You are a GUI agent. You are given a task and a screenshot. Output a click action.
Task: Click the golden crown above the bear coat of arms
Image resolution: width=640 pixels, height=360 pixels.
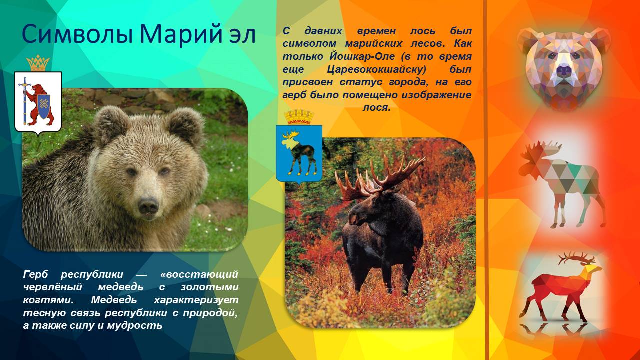pyautogui.click(x=38, y=63)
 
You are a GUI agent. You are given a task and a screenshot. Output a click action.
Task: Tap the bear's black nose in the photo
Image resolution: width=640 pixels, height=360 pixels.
pyautogui.click(x=148, y=205)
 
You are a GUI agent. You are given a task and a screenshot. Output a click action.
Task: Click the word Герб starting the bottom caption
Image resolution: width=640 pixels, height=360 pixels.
pyautogui.click(x=37, y=274)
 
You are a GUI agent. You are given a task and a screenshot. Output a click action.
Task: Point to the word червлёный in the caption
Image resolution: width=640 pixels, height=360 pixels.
pyautogui.click(x=48, y=287)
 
